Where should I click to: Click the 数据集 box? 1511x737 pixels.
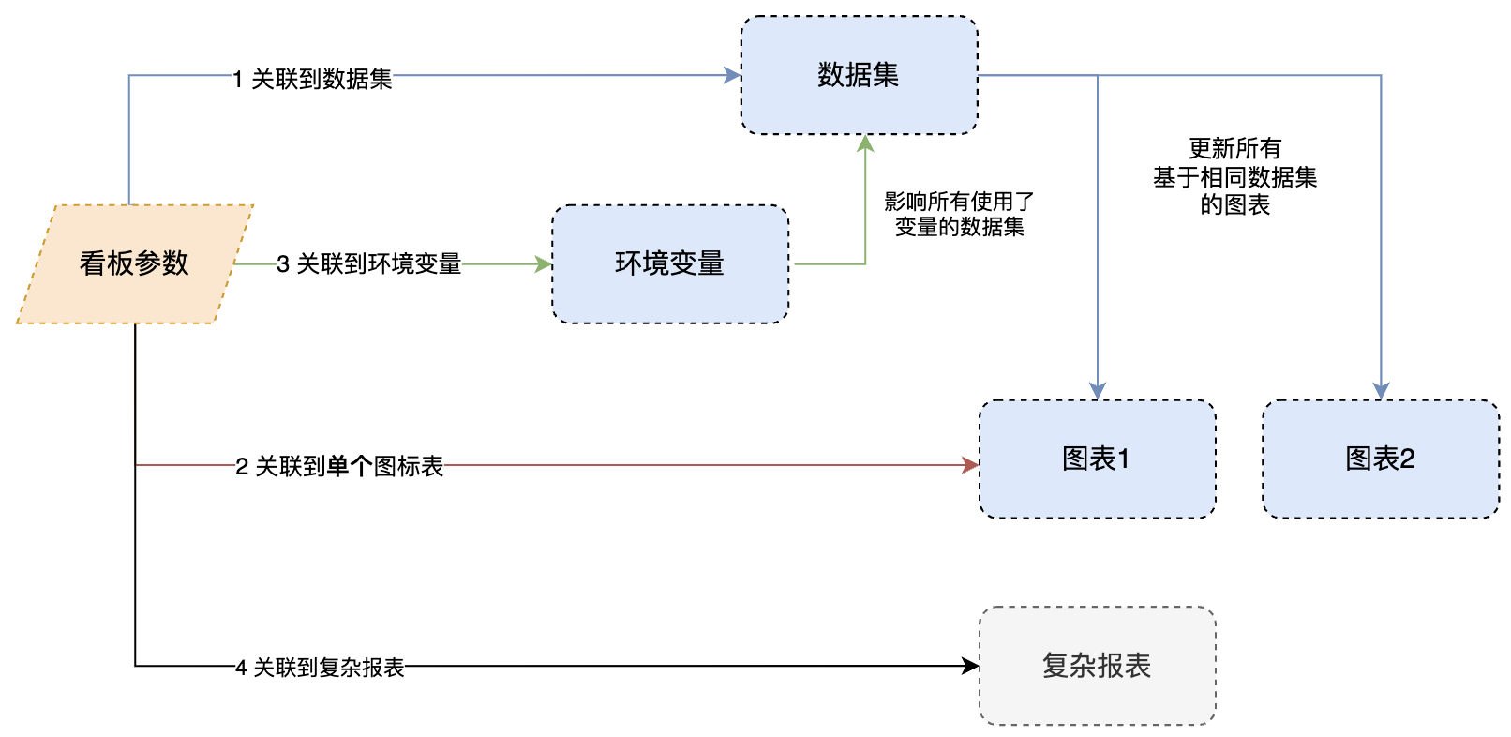859,75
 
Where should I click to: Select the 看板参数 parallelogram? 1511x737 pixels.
135,263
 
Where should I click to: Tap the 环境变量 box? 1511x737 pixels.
669,263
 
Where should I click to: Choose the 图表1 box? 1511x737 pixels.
1097,459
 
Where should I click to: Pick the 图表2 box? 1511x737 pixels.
1380,459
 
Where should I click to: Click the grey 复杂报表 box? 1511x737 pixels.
1097,666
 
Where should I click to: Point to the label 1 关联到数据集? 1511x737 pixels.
313,79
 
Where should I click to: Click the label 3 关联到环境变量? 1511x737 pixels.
369,264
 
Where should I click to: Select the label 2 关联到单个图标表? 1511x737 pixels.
339,466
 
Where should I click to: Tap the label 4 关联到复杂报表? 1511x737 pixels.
320,668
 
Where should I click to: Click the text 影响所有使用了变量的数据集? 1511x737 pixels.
959,214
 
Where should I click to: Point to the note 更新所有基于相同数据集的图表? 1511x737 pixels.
1234,176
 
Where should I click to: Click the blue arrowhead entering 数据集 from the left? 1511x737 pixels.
733,75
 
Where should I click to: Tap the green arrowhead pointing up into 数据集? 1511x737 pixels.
865,143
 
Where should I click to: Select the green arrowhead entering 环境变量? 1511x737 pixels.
544,264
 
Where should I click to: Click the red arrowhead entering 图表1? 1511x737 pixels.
971,465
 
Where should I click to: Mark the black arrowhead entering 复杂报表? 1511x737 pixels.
971,666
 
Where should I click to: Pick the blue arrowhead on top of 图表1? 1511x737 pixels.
1098,391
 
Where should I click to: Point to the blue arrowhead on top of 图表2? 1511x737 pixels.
1381,391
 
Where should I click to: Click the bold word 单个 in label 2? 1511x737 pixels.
350,466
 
